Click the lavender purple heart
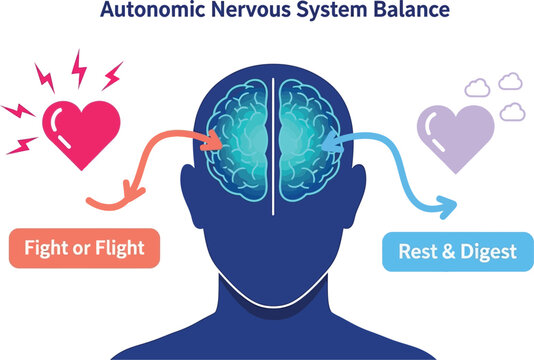455,131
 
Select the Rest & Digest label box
457,250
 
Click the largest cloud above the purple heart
511,80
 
